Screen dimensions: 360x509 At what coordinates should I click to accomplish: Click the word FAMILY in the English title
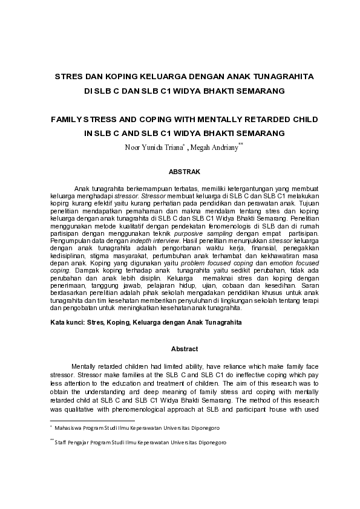(71, 120)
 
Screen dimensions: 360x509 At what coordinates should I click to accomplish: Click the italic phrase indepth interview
(140, 241)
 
